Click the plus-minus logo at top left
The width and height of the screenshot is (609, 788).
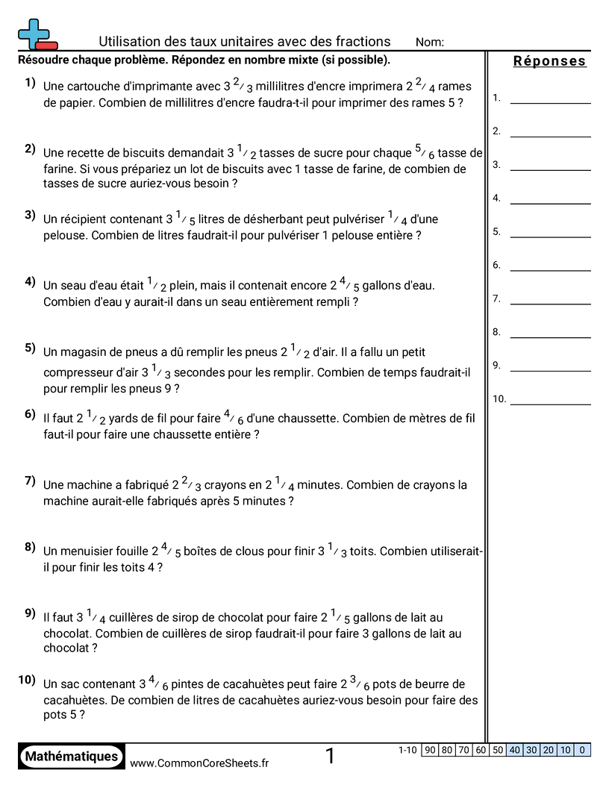36,34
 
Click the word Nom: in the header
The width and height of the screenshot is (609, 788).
430,43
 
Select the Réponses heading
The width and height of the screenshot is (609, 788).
549,61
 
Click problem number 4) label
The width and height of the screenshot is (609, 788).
30,281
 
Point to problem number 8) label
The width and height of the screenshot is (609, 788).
30,547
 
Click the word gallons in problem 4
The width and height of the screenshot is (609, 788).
384,286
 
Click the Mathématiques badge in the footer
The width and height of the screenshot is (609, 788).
72,756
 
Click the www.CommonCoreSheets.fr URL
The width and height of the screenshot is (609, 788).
199,763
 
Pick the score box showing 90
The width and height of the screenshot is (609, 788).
429,750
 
